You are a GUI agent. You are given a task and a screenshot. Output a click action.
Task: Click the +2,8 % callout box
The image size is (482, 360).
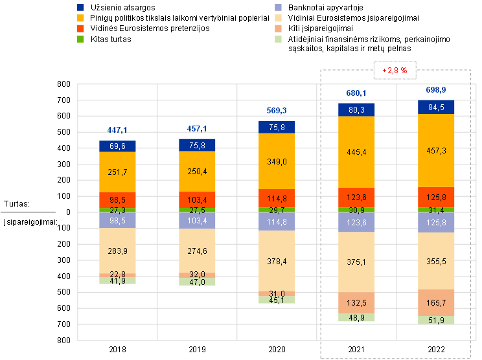click(x=395, y=70)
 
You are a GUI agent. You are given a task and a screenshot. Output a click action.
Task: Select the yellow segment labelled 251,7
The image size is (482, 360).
click(x=117, y=172)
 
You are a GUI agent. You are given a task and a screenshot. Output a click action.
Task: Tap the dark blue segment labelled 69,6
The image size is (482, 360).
click(x=117, y=146)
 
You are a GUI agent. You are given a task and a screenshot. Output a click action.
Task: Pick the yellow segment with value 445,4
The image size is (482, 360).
click(x=356, y=152)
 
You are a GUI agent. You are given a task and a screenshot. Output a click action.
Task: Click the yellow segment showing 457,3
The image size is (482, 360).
click(x=436, y=150)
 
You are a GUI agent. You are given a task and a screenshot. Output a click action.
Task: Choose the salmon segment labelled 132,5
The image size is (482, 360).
click(x=356, y=303)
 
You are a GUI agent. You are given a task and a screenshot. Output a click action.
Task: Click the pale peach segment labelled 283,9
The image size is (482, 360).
click(x=117, y=251)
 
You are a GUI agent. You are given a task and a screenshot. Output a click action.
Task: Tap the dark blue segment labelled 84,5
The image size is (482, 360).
click(x=436, y=107)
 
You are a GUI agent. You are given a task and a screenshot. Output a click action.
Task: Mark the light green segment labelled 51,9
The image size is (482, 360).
click(x=436, y=321)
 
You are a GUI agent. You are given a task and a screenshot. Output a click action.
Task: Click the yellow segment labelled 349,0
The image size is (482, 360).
click(x=277, y=161)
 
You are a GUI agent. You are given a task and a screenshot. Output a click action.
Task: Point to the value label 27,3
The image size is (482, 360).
click(x=117, y=210)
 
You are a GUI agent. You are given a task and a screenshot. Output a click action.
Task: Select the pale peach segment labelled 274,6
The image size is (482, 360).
click(x=197, y=251)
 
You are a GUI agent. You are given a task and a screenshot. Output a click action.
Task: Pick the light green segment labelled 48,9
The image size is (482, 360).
click(x=356, y=318)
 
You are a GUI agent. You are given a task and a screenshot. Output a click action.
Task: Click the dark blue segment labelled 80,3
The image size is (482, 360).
click(x=356, y=110)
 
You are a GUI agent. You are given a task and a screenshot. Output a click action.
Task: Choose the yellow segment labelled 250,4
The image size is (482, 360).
click(x=197, y=172)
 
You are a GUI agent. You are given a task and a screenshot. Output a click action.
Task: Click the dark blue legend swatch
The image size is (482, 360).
click(x=80, y=7)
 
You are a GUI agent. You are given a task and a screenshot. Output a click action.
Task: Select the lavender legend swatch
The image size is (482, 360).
click(x=279, y=7)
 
